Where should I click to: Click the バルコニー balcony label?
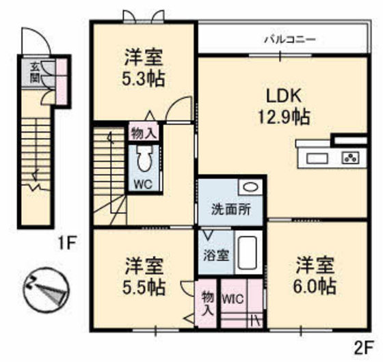point(290,40)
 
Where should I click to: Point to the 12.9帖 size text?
point(284,117)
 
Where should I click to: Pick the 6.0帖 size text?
point(315,285)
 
